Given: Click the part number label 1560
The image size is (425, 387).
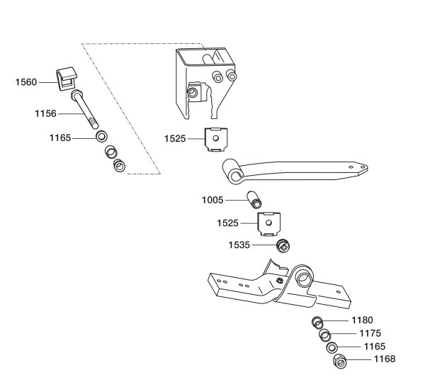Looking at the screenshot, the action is [x=26, y=82].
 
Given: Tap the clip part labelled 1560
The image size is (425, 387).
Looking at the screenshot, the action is [x=67, y=79].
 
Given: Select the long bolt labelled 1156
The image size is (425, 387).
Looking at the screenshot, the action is [x=84, y=109].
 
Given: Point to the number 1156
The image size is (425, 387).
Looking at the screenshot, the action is [x=45, y=113].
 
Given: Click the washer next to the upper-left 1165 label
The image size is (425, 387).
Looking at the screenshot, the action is [x=101, y=136].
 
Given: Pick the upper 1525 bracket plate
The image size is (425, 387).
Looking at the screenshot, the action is [x=216, y=140].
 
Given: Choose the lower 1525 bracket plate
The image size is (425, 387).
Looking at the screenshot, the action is [x=268, y=224].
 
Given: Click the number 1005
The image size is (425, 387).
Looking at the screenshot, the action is [x=212, y=200].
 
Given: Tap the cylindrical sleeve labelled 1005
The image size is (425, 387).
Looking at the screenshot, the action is [x=254, y=200].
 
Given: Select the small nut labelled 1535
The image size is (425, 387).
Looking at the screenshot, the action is [x=283, y=245].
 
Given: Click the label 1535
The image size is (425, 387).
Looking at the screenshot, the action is [x=239, y=245].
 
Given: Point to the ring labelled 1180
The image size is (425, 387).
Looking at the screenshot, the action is [x=317, y=322].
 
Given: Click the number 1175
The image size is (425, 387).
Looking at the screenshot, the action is [x=370, y=333].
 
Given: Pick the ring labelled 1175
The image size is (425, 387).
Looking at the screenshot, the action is [x=324, y=335].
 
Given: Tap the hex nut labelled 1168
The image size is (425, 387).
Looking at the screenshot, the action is [x=340, y=361].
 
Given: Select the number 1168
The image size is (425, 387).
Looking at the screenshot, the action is [x=385, y=359].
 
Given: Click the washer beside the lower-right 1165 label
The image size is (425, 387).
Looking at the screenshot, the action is [x=332, y=348].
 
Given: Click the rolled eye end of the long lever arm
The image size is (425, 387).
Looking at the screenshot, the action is [x=232, y=172].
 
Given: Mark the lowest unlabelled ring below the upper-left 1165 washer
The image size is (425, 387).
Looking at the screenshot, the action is [x=119, y=165].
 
